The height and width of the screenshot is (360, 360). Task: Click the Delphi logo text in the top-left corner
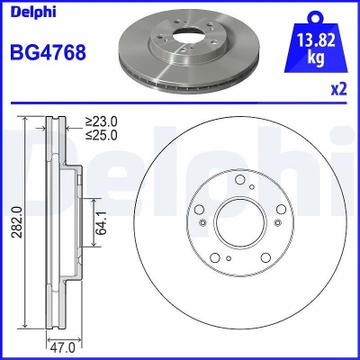coord(33,13)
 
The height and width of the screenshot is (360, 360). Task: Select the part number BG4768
coord(48,52)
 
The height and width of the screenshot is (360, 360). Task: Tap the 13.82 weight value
coord(316,40)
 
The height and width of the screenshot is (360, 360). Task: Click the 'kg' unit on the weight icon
coord(316,58)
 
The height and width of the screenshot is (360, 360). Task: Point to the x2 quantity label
coord(338,89)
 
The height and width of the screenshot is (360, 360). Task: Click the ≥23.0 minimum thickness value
coord(102,121)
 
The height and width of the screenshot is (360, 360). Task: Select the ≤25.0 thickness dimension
coord(102,135)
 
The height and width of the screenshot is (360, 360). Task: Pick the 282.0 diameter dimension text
coord(17,222)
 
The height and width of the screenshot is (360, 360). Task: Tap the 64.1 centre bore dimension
coord(102,222)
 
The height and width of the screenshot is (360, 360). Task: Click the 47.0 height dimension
coord(62,348)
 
